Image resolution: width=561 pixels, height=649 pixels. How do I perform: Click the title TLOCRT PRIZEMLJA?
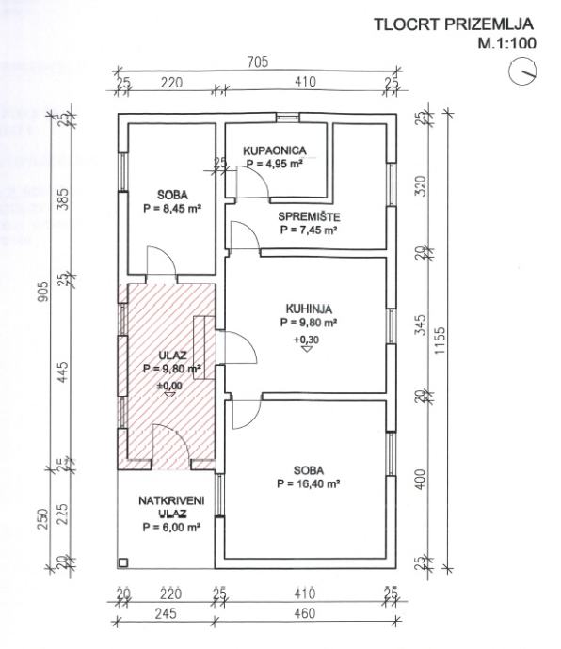coord(454,24)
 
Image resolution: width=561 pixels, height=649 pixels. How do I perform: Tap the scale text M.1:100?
coord(506,42)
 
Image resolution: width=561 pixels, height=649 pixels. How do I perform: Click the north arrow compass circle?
coord(522,71)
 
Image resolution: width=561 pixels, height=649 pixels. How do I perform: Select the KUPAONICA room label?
coord(274,150)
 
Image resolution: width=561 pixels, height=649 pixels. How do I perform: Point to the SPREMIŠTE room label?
coord(309,216)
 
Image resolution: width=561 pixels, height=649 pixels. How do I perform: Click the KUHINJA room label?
coord(309,309)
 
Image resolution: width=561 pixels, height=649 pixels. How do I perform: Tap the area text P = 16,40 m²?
coord(308,483)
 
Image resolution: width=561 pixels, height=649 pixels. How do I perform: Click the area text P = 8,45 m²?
coord(172,208)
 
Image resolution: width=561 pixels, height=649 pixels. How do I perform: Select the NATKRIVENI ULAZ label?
coord(171,507)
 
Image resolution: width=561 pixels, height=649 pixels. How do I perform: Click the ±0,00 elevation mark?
coord(169,386)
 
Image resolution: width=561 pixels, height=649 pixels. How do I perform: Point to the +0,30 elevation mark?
coord(307,340)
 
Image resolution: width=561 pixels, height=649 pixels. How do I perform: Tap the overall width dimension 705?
coord(258,62)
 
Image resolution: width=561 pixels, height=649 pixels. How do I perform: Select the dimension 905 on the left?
coord(43,293)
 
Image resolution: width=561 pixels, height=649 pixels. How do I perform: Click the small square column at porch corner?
coord(123,562)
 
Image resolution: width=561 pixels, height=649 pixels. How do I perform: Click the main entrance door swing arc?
coord(178,435)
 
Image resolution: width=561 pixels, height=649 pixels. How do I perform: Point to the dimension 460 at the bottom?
coord(305,613)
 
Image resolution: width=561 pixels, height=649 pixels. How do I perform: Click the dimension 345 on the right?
coord(420,325)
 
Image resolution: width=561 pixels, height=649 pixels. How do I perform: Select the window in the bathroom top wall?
coord(287,118)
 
